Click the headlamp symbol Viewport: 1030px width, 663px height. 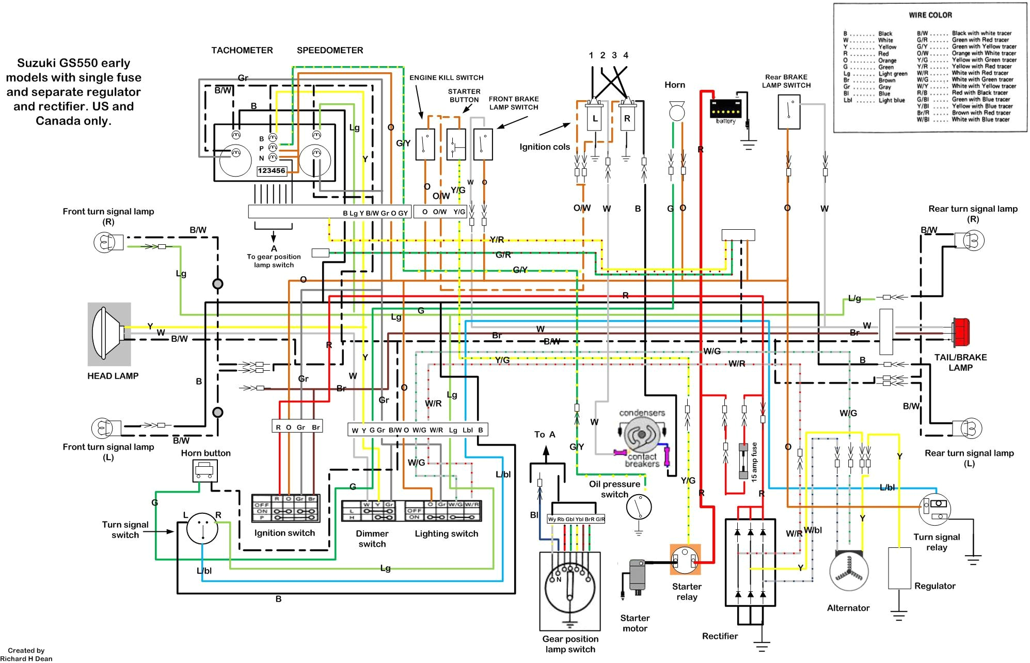(108, 334)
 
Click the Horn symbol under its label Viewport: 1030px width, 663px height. (675, 110)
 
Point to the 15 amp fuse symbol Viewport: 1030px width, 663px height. (743, 461)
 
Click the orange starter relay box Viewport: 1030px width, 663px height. (685, 559)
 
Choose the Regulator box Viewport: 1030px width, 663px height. (899, 568)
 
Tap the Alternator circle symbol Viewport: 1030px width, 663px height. (848, 572)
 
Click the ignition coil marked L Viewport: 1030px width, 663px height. (595, 119)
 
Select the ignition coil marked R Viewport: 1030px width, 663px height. (627, 119)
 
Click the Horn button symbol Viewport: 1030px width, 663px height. (205, 470)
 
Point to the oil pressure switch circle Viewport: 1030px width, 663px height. (639, 508)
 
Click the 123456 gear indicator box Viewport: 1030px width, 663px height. (272, 171)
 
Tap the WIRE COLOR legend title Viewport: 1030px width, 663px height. (930, 15)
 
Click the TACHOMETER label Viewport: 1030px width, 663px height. (242, 50)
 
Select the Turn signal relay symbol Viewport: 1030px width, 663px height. (934, 509)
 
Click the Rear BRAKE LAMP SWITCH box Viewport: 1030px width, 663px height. (788, 112)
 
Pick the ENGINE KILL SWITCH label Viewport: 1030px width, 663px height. (446, 77)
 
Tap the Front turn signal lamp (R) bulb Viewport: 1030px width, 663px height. (103, 242)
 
